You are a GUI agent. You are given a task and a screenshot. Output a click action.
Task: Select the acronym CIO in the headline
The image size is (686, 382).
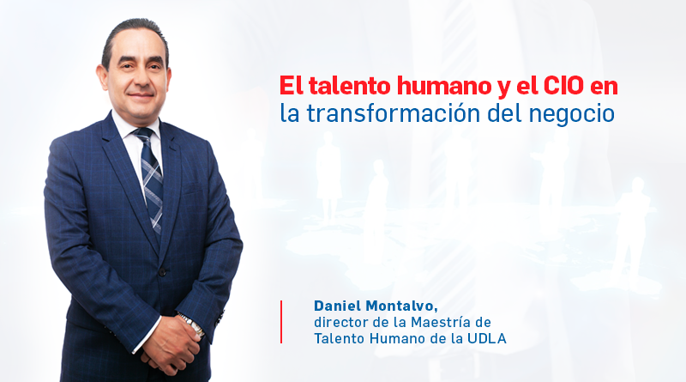tap(563, 86)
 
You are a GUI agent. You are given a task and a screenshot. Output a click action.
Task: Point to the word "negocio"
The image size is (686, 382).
tap(571, 115)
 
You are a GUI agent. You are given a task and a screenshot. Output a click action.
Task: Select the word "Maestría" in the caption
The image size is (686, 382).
tap(441, 322)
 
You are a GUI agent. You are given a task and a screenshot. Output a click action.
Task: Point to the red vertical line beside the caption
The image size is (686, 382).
tap(281, 322)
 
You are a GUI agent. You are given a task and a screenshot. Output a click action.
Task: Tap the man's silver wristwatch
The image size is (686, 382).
tap(192, 324)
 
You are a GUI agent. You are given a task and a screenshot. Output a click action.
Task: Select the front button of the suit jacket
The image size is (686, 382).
tap(162, 272)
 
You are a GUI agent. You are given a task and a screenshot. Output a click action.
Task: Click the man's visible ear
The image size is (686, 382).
tap(102, 77)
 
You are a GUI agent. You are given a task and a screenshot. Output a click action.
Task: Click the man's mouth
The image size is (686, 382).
tap(140, 95)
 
